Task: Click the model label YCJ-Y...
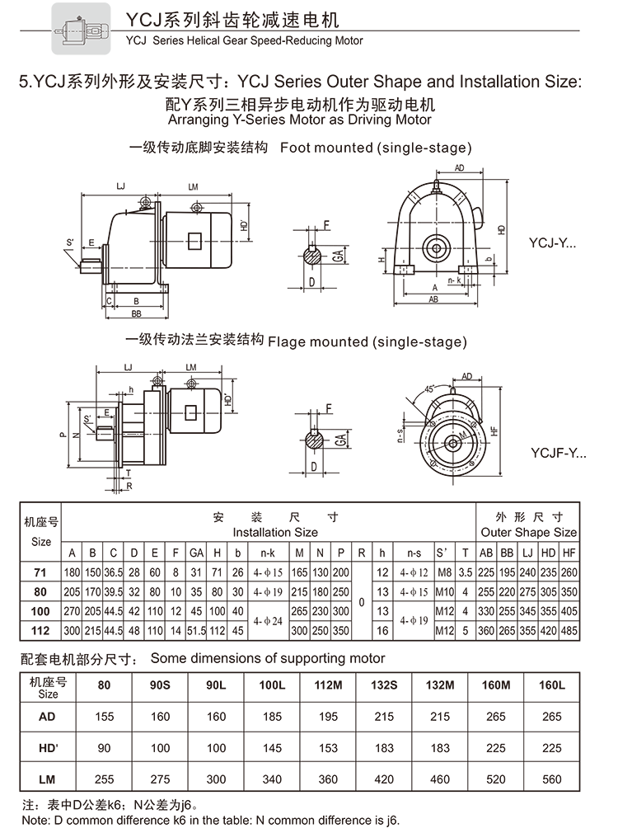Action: pyautogui.click(x=552, y=244)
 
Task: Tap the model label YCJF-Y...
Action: pyautogui.click(x=556, y=453)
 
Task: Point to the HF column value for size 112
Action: pyautogui.click(x=569, y=631)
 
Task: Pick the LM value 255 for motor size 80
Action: pyautogui.click(x=104, y=778)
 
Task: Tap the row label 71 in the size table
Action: pyautogui.click(x=41, y=572)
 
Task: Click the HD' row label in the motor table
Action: pyautogui.click(x=48, y=747)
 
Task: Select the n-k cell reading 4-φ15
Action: pyautogui.click(x=267, y=572)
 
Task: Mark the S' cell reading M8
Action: pyautogui.click(x=444, y=572)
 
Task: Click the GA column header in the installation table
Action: pyautogui.click(x=197, y=552)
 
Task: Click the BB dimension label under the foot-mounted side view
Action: pyautogui.click(x=136, y=315)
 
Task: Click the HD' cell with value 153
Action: pyautogui.click(x=327, y=747)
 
